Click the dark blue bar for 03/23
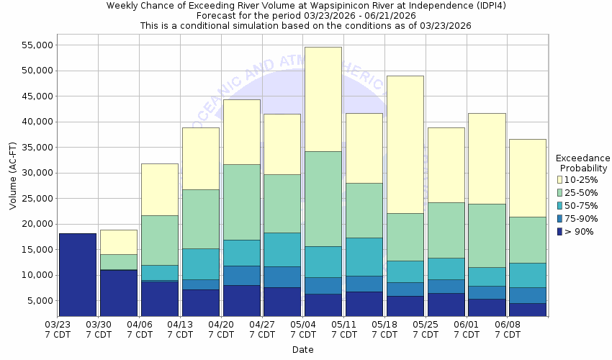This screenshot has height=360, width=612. (77, 274)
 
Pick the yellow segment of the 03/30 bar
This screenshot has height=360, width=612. (118, 242)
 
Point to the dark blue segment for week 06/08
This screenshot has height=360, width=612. (527, 309)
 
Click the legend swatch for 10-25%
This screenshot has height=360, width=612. (559, 179)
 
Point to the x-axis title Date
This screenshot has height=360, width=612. (302, 349)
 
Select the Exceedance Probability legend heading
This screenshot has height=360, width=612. (582, 163)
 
